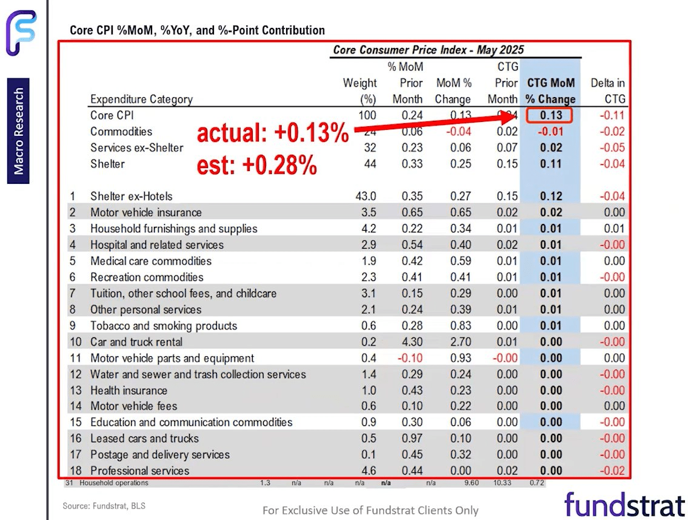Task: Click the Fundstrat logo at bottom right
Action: click(x=624, y=504)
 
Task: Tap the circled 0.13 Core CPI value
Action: click(x=548, y=115)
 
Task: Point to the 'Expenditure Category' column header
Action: click(x=141, y=100)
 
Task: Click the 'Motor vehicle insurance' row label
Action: click(x=145, y=212)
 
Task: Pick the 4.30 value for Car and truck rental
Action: click(x=411, y=342)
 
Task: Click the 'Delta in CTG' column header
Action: click(x=607, y=91)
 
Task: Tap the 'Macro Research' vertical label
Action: click(x=19, y=131)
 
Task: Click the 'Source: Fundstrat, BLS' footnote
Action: click(x=104, y=505)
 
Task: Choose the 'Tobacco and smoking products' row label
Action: click(x=164, y=326)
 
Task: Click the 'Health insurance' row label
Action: click(x=129, y=390)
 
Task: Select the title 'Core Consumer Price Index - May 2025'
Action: click(x=428, y=50)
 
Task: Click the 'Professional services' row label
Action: click(x=139, y=471)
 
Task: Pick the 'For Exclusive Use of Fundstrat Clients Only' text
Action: click(x=370, y=510)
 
